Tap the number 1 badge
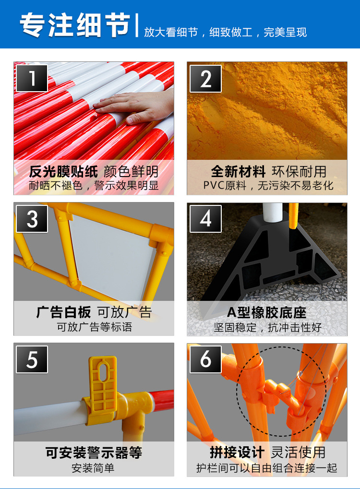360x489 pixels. click(32, 78)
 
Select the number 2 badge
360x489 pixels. click(205, 78)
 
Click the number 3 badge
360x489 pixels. click(32, 219)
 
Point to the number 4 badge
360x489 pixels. click(205, 219)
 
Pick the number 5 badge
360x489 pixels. click(32, 359)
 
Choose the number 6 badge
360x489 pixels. click(205, 359)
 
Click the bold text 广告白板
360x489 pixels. click(63, 313)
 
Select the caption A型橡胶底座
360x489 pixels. click(267, 313)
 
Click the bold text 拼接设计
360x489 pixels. click(237, 453)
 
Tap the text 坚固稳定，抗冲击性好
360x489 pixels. click(267, 328)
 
